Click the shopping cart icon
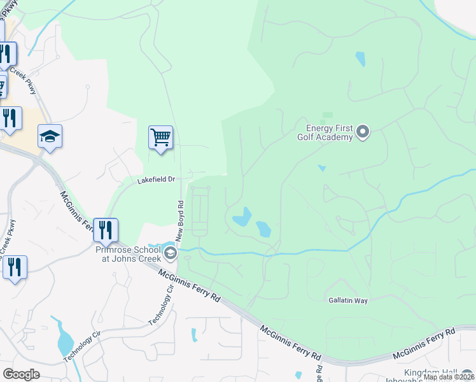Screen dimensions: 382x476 (160, 138)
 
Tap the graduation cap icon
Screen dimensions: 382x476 (50, 136)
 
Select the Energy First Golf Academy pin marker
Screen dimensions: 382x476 (363, 132)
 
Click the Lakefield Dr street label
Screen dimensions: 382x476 (157, 180)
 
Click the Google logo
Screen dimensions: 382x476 (21, 374)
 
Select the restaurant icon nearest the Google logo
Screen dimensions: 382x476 (14, 267)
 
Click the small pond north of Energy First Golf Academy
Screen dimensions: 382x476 (361, 59)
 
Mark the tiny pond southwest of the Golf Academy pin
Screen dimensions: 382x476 (321, 168)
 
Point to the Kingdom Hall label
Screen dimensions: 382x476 (439, 372)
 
